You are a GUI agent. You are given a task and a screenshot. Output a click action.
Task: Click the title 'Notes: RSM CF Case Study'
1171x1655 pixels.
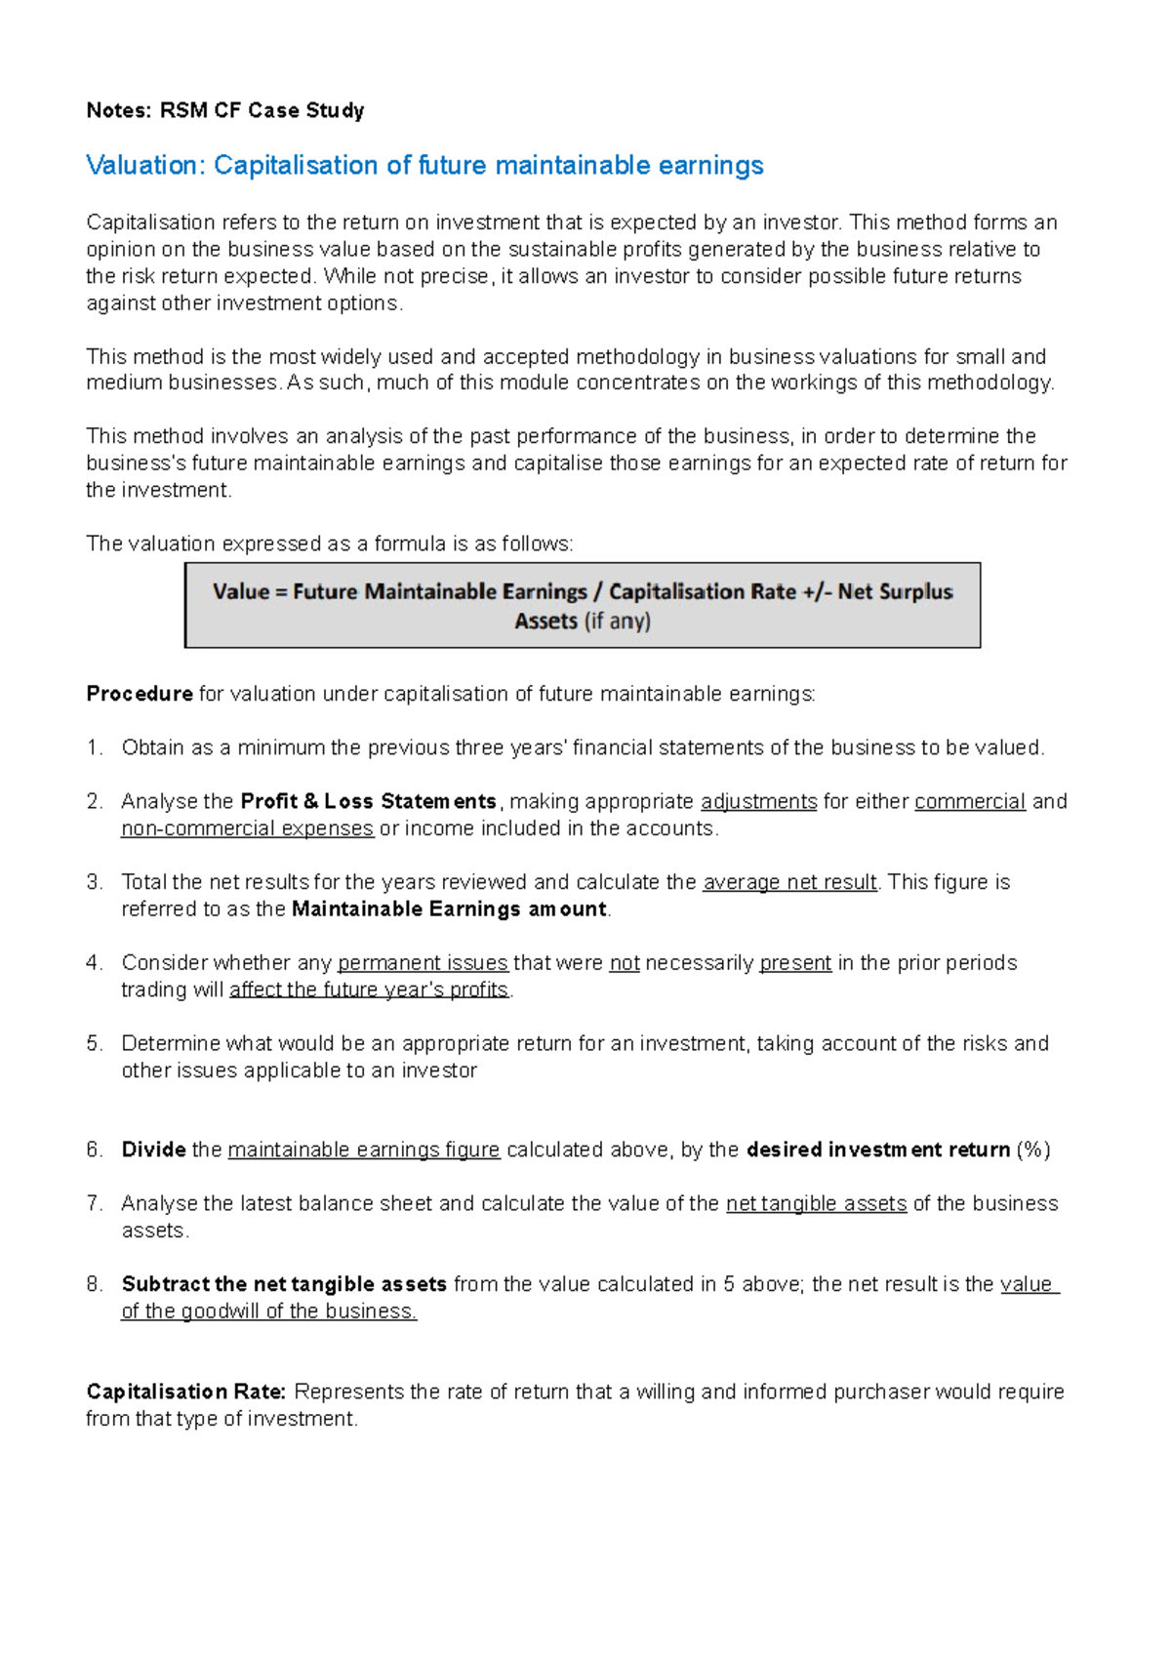coord(225,110)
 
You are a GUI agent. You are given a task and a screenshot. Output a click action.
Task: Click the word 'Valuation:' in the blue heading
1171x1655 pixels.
coord(145,166)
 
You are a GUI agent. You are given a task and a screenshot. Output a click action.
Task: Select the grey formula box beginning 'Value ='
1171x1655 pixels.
coord(583,605)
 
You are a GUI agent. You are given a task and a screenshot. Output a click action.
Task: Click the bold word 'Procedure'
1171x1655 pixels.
coord(140,694)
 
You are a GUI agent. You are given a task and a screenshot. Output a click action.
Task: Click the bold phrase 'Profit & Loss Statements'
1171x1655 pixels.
coord(368,802)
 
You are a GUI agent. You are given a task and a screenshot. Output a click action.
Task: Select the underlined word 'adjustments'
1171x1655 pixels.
coord(758,802)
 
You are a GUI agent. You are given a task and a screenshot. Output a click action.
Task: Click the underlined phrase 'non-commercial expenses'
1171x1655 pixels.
coord(247,828)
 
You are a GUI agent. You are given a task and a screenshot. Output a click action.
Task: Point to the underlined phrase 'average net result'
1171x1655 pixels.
coord(789,882)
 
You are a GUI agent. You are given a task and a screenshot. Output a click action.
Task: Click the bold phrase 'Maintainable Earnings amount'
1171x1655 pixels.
coord(449,909)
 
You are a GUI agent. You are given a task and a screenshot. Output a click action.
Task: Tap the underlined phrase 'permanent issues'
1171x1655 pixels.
coord(423,963)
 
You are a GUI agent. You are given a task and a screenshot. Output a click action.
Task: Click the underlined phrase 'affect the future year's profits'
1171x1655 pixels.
coord(369,989)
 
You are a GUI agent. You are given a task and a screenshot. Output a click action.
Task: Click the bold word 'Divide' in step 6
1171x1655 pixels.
coord(153,1150)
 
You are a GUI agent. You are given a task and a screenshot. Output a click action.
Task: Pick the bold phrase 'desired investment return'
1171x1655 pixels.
coord(877,1150)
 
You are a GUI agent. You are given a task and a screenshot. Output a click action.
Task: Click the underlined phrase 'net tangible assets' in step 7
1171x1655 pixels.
coord(816,1204)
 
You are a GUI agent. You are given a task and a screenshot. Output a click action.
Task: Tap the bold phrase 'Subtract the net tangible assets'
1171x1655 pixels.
coord(284,1284)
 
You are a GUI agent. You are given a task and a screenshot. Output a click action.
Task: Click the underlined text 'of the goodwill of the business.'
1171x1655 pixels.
coord(268,1312)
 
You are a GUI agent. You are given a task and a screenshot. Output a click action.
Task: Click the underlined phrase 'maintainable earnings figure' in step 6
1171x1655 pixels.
coord(363,1150)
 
